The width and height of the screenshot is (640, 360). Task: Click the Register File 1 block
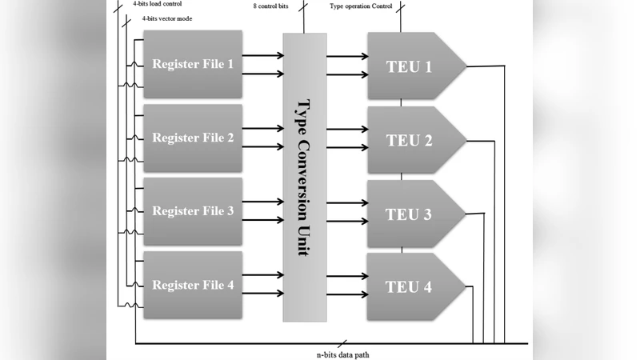coord(193,64)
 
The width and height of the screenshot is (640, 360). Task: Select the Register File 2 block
coord(193,138)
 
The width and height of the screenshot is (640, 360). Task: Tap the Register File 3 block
coord(193,211)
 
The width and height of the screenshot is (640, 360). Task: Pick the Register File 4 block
coord(193,285)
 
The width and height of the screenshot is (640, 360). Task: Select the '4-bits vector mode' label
coord(166,18)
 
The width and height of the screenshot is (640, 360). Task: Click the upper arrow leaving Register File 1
coord(262,56)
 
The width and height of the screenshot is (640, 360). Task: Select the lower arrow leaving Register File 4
coord(262,294)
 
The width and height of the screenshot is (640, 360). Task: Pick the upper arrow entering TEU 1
coord(346,56)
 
